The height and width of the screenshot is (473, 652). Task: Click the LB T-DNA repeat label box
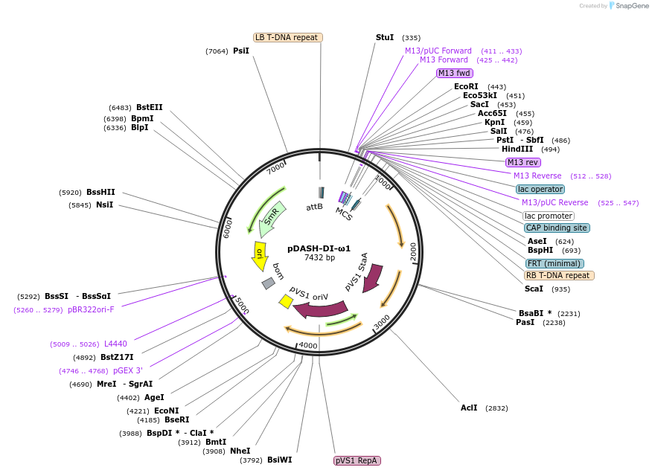(287, 37)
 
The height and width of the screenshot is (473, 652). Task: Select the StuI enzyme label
(385, 37)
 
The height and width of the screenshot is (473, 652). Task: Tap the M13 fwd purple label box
(454, 73)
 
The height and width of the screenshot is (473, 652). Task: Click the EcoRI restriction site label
(466, 86)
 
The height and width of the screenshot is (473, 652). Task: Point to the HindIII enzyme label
(517, 149)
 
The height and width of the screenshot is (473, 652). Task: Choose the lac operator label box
(540, 189)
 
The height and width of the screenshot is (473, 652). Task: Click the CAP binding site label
(557, 228)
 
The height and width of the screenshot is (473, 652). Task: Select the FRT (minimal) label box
(554, 263)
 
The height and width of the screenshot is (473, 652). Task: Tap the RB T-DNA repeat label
(559, 275)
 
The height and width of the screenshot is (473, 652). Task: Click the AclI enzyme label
(469, 408)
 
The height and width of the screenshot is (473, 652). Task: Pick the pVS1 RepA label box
(357, 461)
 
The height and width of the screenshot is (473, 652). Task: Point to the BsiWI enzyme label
(280, 460)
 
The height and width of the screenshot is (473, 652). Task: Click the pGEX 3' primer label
(128, 370)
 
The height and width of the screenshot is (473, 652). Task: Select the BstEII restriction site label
(149, 107)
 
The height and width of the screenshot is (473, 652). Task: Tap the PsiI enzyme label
(241, 51)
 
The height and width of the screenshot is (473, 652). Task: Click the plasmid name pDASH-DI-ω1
(319, 248)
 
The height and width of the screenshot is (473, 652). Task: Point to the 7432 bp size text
(319, 258)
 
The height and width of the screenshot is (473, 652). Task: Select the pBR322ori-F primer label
(91, 309)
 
